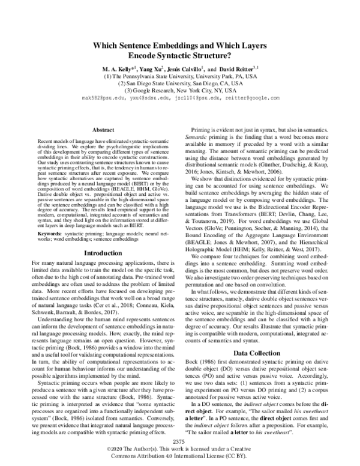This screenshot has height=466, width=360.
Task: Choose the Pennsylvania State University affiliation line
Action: (179, 77)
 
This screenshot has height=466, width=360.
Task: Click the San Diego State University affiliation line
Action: (179, 83)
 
